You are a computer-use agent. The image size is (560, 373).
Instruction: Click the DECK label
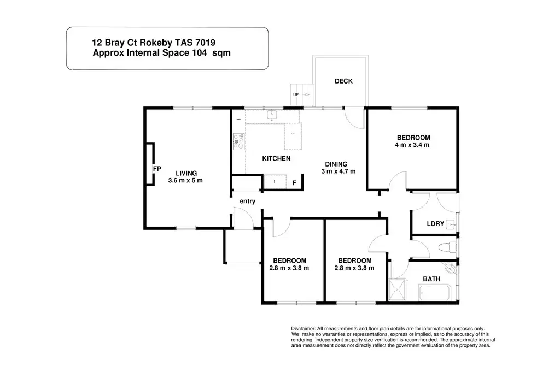343,81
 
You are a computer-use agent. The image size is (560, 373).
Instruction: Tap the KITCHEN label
276,158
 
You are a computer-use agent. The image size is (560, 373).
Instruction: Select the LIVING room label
186,173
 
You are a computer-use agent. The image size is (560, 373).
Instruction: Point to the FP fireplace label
157,169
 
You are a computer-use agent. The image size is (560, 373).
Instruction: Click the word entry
247,201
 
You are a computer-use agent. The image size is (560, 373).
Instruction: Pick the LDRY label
435,224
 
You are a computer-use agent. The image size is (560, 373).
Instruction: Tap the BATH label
431,279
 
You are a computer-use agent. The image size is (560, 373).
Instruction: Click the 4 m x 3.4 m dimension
413,145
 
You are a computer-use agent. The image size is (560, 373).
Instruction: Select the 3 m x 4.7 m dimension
339,171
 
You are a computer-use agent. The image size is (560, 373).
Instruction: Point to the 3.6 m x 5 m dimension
185,180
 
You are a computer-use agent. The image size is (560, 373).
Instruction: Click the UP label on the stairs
296,94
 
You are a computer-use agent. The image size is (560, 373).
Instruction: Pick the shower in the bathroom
397,290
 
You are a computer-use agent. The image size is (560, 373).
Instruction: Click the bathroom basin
451,268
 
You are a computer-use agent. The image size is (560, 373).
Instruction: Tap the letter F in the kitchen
294,183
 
